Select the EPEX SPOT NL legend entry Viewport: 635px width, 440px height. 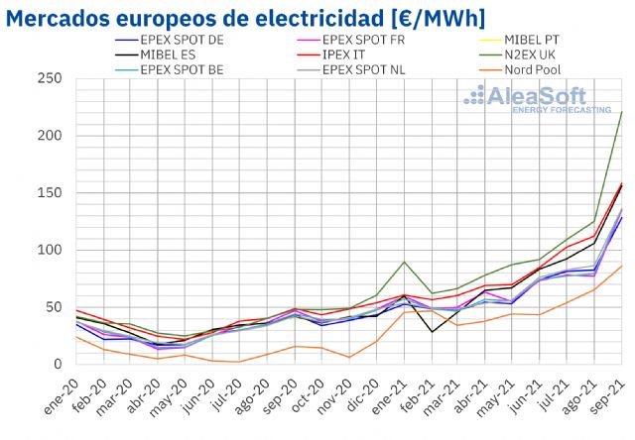[386, 69]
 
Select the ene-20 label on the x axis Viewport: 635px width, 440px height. [63, 390]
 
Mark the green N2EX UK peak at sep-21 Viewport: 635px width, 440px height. [621, 111]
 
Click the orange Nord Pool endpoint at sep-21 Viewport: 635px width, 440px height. [621, 266]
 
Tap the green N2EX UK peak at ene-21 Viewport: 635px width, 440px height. [404, 262]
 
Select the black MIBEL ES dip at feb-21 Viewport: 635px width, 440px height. [432, 331]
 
